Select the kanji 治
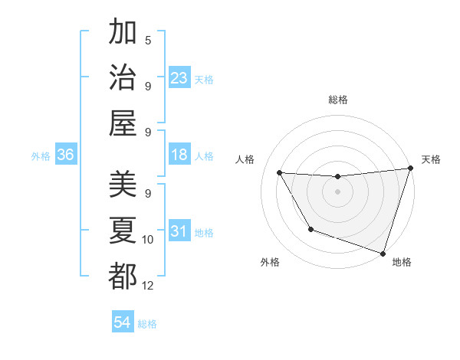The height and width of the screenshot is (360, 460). [x=123, y=77]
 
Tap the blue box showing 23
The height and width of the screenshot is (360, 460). [x=179, y=78]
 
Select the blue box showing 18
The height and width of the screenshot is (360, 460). [x=179, y=155]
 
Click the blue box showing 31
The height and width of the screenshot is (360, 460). [x=179, y=232]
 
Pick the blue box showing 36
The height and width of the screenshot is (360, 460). [x=66, y=155]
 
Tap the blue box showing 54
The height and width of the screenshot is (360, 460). [x=122, y=323]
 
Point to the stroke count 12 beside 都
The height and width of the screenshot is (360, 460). [x=149, y=286]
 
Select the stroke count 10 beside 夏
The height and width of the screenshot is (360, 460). [x=149, y=240]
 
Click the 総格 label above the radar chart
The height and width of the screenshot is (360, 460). [x=338, y=100]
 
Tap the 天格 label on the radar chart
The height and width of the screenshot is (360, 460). [x=431, y=159]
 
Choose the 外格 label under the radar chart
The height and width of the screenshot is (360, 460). [x=269, y=263]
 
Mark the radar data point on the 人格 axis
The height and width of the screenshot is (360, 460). [x=280, y=173]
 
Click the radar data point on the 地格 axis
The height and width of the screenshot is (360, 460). [x=383, y=253]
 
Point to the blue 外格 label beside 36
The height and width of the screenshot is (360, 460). [x=41, y=156]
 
